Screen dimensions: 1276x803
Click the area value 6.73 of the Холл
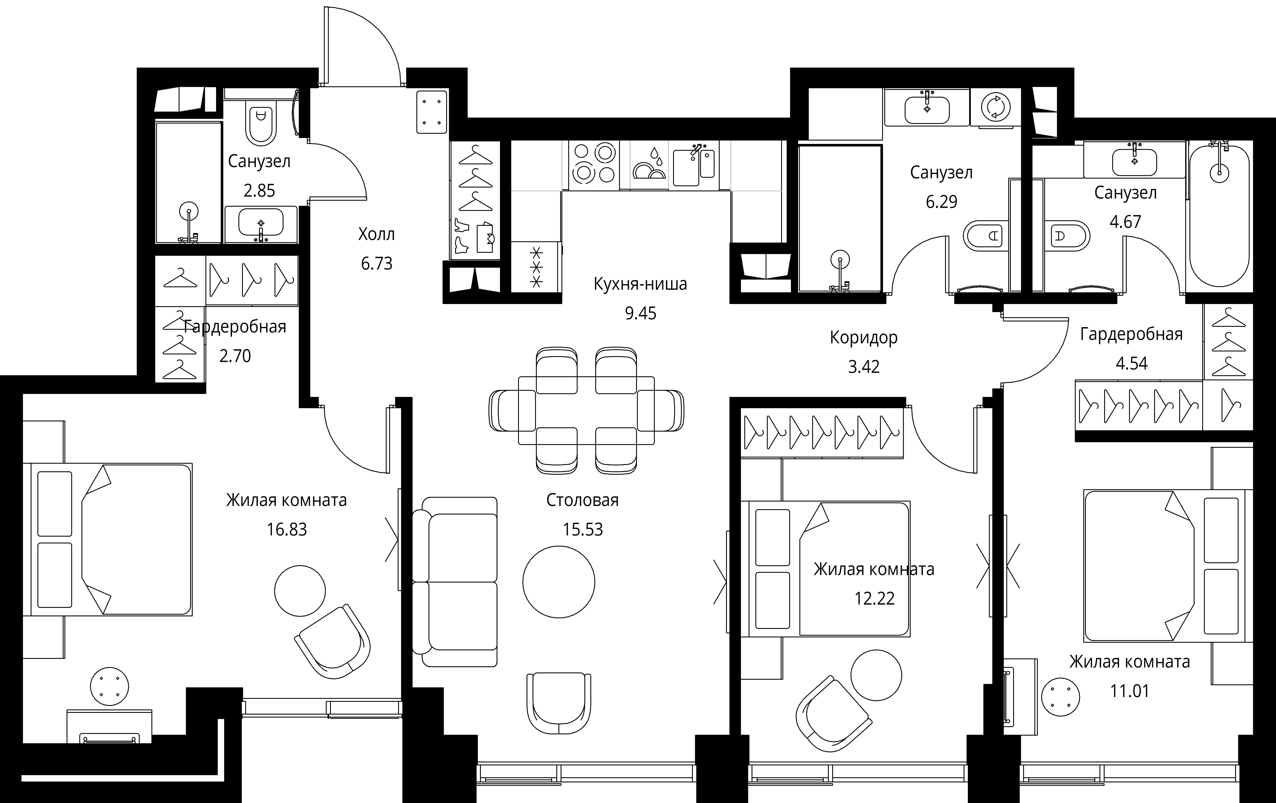377,263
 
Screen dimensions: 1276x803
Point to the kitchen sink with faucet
694,165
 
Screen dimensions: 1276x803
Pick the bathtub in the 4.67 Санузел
1219,216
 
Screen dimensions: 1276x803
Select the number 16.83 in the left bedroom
287,529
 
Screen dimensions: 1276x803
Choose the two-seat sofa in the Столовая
455,582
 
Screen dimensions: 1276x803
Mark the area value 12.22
874,598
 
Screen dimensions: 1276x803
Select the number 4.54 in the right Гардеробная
1131,363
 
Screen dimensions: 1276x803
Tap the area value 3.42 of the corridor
864,367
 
